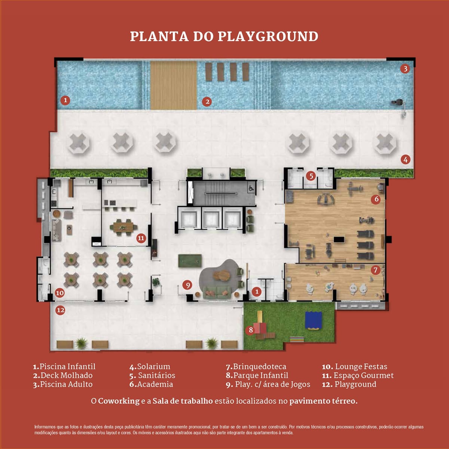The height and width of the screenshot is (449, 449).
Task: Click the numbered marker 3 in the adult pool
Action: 405,69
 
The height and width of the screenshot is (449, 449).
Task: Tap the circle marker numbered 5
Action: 311,176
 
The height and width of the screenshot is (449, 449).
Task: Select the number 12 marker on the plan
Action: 60,310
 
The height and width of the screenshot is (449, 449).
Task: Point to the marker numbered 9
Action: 187,285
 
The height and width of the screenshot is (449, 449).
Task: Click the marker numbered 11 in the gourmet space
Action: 141,238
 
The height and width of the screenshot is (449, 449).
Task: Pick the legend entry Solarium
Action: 150,367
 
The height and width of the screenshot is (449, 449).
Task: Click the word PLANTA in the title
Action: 159,37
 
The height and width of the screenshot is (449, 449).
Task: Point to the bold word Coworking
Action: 119,401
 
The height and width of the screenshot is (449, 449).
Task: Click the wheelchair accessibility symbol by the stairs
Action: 251,188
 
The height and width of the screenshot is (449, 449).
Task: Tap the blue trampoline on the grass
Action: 314,321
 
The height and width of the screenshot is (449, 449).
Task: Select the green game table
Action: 190,261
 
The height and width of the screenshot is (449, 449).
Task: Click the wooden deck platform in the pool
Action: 174,85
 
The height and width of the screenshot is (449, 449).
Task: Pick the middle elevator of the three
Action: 211,218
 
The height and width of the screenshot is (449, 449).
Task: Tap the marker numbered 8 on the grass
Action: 251,330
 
